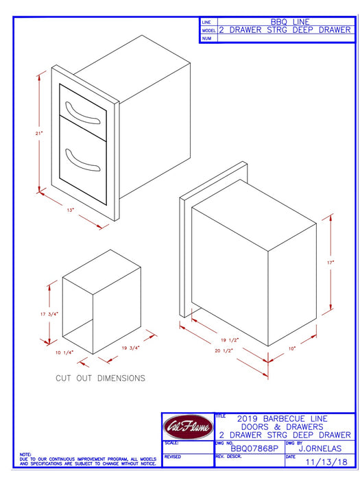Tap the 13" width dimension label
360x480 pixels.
pos(71,210)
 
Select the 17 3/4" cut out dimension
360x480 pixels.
pos(48,313)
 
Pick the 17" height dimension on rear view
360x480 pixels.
pos(330,263)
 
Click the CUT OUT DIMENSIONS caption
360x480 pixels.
pos(100,378)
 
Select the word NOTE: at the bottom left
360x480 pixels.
pos(25,455)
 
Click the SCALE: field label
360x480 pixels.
pos(172,443)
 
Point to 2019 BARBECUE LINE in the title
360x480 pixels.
pos(282,418)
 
